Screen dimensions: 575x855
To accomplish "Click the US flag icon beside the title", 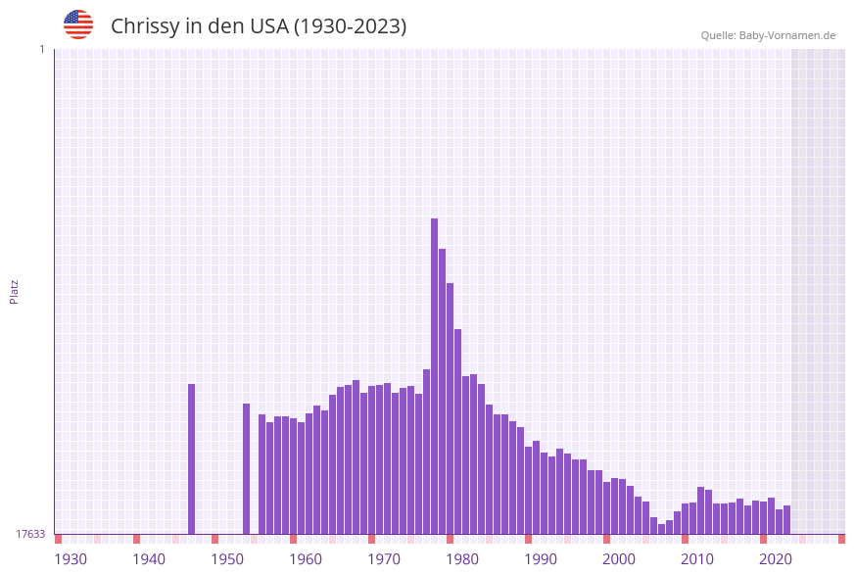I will click(78, 24).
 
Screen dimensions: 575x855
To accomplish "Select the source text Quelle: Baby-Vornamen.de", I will click(768, 35).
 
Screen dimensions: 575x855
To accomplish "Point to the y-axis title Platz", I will click(14, 291).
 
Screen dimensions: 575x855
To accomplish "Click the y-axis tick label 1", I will click(41, 49).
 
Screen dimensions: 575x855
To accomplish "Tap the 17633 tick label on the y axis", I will click(30, 534).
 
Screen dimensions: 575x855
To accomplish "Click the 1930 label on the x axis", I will click(71, 559).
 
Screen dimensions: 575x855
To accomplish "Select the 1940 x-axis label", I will click(149, 559).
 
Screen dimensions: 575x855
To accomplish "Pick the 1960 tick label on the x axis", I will click(306, 559).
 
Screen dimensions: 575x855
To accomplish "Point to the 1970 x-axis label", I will click(384, 559).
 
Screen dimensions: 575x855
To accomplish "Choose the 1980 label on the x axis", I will click(462, 559).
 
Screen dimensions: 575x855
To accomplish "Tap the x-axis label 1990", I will click(541, 559).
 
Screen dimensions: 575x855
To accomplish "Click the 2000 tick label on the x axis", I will click(619, 559).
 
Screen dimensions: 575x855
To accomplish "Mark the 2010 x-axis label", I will click(697, 559).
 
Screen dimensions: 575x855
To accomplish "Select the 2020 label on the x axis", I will click(776, 559).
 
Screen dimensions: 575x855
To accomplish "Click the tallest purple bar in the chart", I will click(434, 372).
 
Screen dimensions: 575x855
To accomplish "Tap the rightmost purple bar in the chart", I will click(786, 520).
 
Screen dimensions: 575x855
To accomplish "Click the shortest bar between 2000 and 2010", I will click(661, 529).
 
